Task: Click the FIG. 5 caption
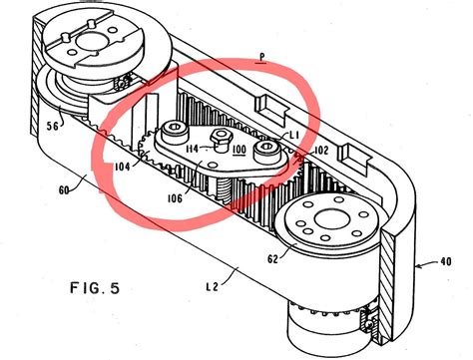95,287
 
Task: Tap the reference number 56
54,126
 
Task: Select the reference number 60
64,190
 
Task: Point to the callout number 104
122,167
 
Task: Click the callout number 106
175,198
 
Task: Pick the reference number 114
193,149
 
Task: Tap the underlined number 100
239,151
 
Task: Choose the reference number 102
320,151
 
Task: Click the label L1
294,136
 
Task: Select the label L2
212,286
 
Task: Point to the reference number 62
272,258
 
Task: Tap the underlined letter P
262,58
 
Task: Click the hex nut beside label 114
220,137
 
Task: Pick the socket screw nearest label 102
267,149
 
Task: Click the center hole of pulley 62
332,220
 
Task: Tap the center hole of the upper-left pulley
91,41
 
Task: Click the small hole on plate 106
212,165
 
